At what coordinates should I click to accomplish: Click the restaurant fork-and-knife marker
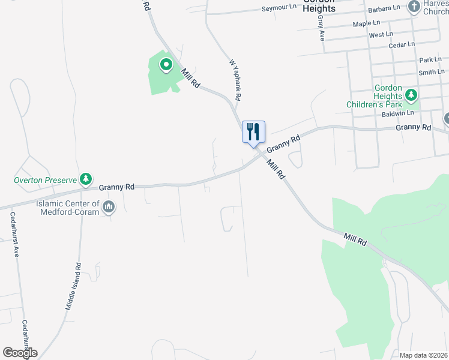click(253, 131)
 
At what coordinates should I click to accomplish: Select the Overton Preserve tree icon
click(87, 179)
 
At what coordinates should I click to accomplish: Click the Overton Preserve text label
click(46, 179)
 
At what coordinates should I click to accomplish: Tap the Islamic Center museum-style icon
click(109, 208)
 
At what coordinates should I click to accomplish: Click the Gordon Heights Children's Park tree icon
click(411, 95)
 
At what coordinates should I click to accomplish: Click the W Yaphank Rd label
click(235, 79)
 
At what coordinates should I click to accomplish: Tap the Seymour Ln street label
click(280, 9)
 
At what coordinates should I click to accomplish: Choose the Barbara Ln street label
click(384, 8)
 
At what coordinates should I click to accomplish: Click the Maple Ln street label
click(367, 23)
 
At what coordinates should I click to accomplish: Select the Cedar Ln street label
click(402, 44)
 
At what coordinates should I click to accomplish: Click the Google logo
click(20, 353)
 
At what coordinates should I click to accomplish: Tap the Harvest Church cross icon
click(414, 7)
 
